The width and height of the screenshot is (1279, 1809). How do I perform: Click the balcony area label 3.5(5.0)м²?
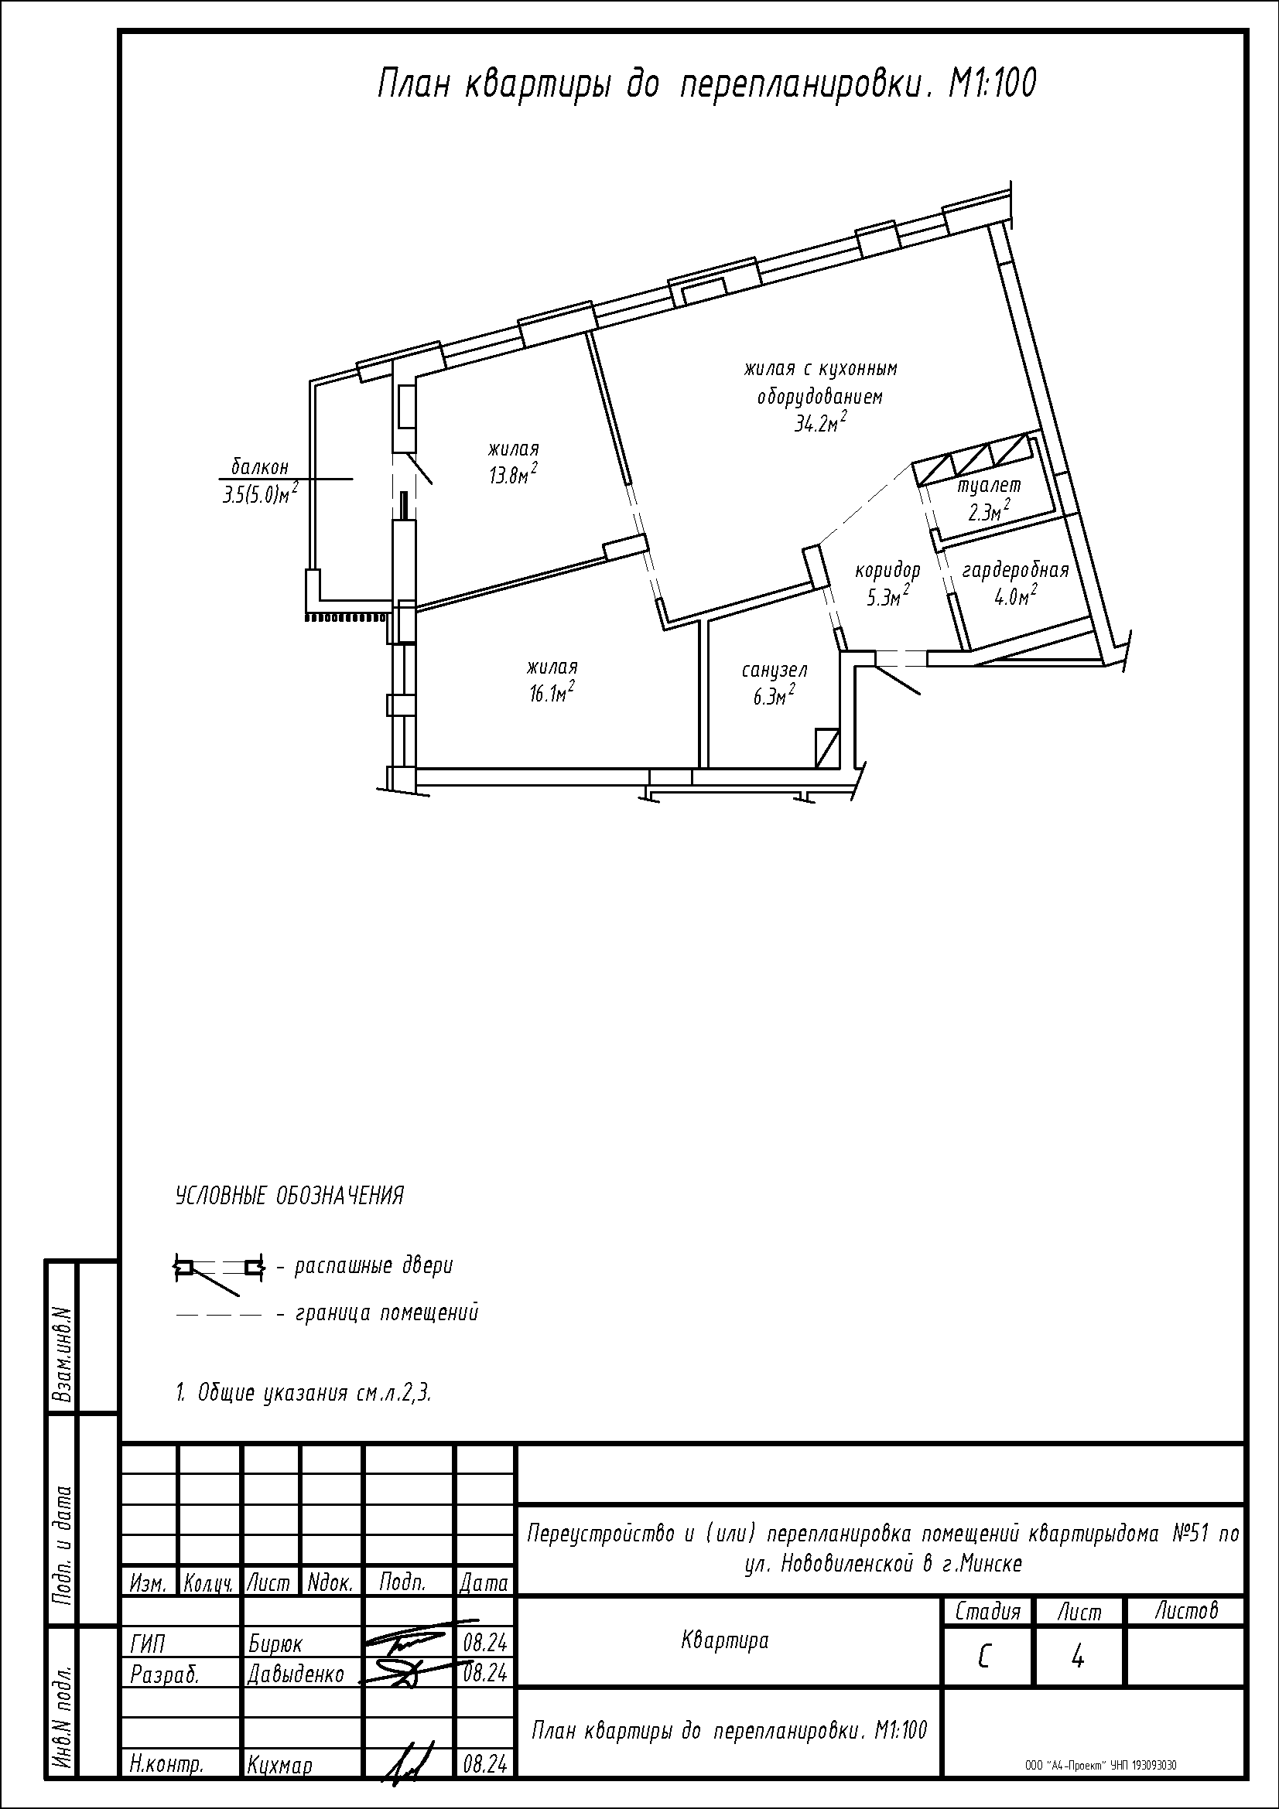coord(260,493)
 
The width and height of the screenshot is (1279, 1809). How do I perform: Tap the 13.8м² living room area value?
coord(513,473)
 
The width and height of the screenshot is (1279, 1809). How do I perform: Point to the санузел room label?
coord(774,671)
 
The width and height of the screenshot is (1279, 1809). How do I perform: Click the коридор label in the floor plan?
coord(887,570)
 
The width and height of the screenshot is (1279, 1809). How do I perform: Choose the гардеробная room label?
coord(1015,570)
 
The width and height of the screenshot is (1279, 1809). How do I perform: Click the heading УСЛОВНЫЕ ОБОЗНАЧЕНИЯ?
coord(289,1196)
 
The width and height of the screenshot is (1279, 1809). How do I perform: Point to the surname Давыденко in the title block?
coord(296,1674)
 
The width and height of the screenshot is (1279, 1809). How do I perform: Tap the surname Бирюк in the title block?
coord(275,1644)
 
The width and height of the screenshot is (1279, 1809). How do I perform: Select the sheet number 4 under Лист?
coord(1078,1658)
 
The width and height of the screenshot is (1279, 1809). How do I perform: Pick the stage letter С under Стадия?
coord(984,1658)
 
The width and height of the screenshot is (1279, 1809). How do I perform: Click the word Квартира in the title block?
coord(724,1641)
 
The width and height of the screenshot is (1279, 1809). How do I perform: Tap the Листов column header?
coord(1187,1610)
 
